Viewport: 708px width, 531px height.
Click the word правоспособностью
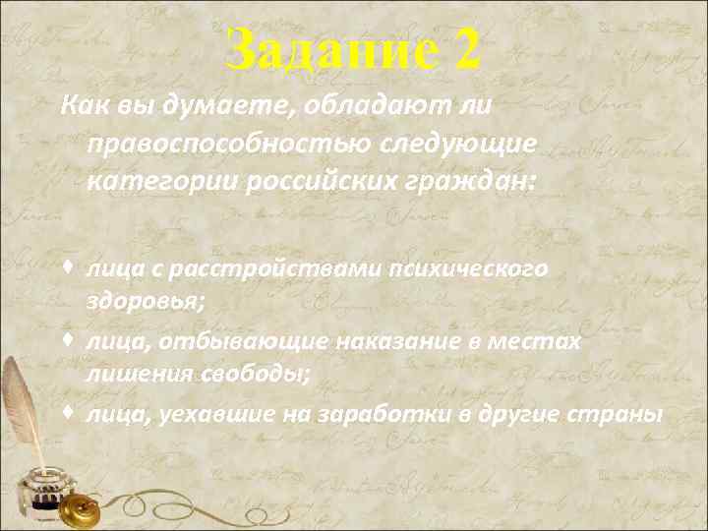point(228,144)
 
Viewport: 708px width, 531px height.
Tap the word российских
point(313,182)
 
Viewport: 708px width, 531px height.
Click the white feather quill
point(17,413)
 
